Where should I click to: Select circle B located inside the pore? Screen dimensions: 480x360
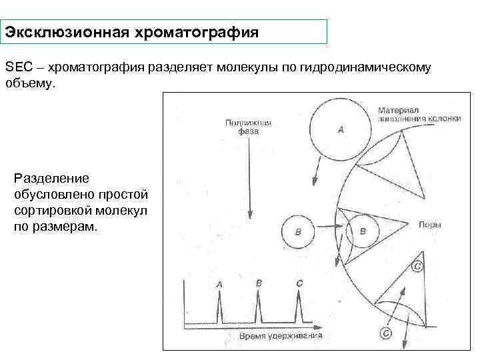363,231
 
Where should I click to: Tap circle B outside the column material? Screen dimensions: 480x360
297,231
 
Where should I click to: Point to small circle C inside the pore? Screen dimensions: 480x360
417,266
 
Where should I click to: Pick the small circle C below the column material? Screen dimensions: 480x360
385,333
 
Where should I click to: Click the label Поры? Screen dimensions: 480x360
429,225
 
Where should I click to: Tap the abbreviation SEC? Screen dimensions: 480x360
18,67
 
